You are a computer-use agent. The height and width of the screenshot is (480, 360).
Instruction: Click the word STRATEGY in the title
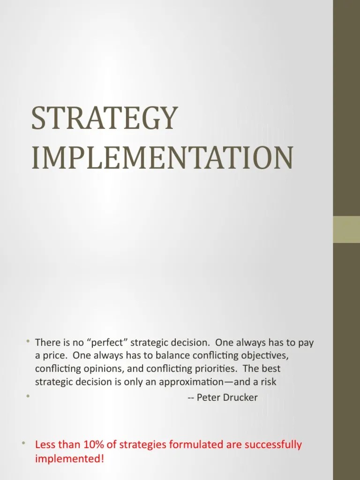(105, 119)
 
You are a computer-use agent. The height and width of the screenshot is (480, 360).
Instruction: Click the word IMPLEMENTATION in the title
(162, 158)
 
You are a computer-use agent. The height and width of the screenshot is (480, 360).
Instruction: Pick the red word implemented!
(69, 458)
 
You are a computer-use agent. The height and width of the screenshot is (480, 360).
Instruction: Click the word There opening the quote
(47, 343)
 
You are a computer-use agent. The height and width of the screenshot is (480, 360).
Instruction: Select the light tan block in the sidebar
(346, 229)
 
